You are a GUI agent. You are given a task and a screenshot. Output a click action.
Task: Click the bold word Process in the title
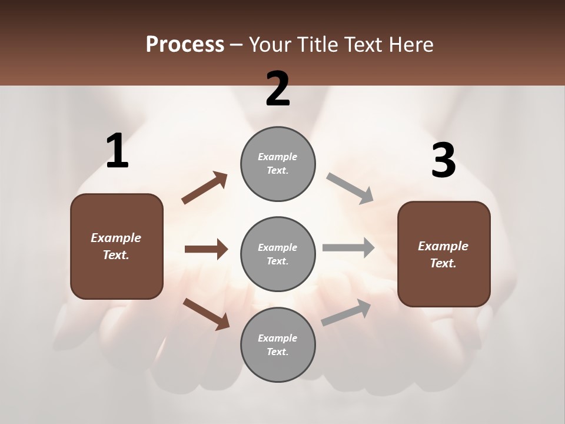(x=185, y=44)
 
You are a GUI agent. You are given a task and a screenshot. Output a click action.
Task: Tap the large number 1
(x=117, y=151)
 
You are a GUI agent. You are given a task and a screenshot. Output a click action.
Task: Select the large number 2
(x=278, y=89)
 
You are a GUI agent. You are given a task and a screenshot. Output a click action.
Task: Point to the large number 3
(x=443, y=161)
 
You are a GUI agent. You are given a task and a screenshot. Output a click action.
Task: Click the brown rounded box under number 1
(x=117, y=246)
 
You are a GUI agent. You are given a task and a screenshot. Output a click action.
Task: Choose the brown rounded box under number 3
(x=444, y=254)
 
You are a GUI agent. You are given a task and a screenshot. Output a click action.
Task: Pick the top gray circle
(x=278, y=164)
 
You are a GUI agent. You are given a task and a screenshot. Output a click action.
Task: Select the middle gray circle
(x=278, y=254)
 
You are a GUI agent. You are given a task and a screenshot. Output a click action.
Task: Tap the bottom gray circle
(x=278, y=344)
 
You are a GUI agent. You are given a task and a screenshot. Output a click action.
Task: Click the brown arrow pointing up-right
(x=204, y=188)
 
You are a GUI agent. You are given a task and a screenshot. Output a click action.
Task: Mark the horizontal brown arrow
(x=206, y=249)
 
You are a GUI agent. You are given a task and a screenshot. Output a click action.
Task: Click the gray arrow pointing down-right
(x=350, y=188)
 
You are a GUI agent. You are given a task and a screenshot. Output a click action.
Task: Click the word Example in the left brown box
(x=116, y=238)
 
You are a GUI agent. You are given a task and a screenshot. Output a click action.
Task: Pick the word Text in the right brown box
(x=443, y=263)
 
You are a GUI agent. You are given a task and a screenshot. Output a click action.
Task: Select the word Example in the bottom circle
(x=278, y=338)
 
